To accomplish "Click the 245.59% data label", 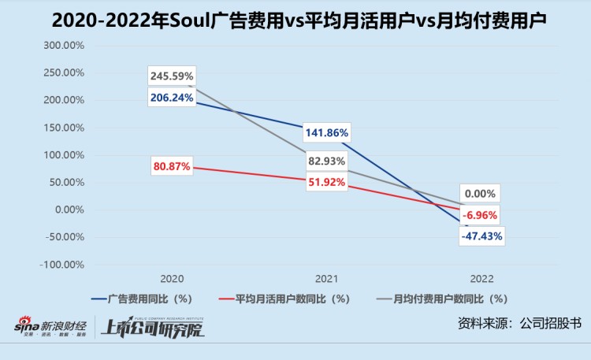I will [x=172, y=77].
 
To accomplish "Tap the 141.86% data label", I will [x=325, y=132].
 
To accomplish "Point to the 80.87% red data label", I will [x=172, y=167].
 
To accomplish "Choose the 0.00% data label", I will [x=480, y=194].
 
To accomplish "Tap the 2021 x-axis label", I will [x=325, y=280].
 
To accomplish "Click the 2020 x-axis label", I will [x=172, y=280].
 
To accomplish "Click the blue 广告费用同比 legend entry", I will [x=142, y=299].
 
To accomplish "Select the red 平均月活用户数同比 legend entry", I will [x=284, y=299].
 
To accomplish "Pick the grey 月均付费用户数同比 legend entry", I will [x=441, y=299].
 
